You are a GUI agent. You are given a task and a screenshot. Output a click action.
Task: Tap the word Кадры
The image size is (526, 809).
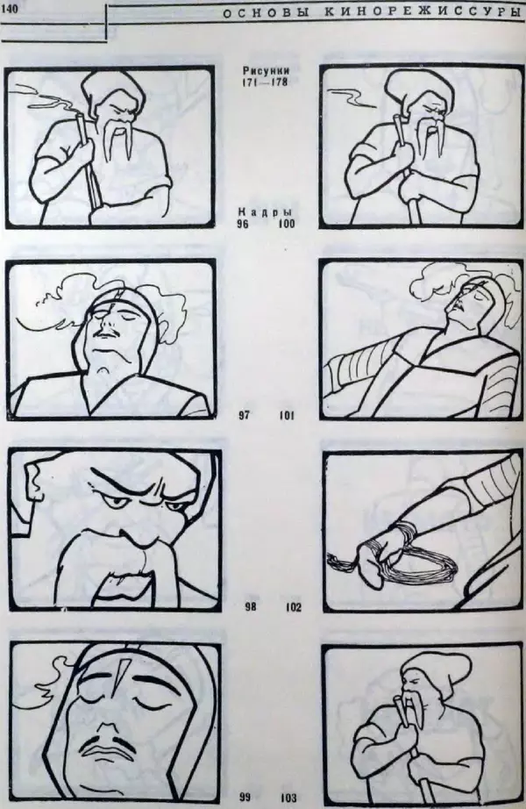(265, 212)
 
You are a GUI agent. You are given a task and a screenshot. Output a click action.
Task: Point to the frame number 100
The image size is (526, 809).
(286, 224)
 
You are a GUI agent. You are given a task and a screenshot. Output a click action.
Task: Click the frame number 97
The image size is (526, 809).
(245, 415)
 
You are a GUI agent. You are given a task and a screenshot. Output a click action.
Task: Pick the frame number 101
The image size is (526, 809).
(287, 415)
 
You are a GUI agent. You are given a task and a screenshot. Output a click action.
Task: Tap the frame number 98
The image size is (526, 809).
(251, 607)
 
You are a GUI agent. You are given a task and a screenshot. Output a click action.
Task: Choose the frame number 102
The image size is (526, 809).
(293, 607)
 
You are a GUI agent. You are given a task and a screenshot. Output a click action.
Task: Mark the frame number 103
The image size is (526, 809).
(288, 798)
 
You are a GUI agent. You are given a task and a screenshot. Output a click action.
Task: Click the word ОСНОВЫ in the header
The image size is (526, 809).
(267, 13)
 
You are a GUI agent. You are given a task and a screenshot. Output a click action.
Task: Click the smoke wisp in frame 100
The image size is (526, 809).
(356, 97)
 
